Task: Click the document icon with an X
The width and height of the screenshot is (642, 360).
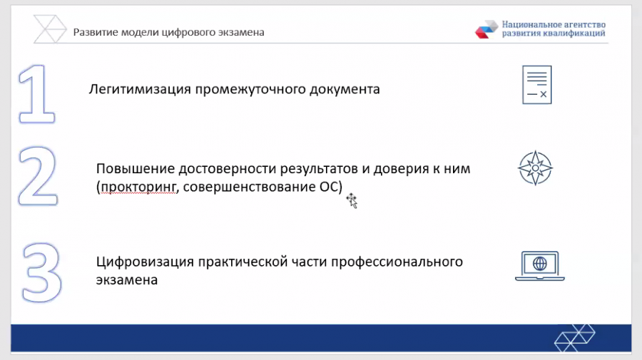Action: click(x=536, y=85)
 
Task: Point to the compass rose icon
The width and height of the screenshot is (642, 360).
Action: click(x=535, y=168)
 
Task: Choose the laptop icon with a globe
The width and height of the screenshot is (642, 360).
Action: click(x=540, y=266)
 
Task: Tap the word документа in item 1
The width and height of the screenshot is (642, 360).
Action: click(x=345, y=89)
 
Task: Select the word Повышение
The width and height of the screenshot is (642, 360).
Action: click(x=136, y=168)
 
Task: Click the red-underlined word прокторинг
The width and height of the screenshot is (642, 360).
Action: click(x=138, y=187)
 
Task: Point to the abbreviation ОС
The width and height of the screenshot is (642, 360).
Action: click(x=329, y=187)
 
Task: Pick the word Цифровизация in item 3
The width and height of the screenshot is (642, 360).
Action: click(x=145, y=262)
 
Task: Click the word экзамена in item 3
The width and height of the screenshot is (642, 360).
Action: click(x=127, y=280)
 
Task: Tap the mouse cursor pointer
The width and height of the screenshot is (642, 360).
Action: click(x=352, y=200)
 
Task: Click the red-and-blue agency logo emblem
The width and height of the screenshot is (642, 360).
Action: click(x=486, y=29)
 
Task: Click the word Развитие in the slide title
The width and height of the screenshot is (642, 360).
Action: click(x=96, y=32)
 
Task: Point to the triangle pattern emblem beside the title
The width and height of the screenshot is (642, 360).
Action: click(x=49, y=29)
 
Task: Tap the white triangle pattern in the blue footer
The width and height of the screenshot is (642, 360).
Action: click(x=575, y=338)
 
